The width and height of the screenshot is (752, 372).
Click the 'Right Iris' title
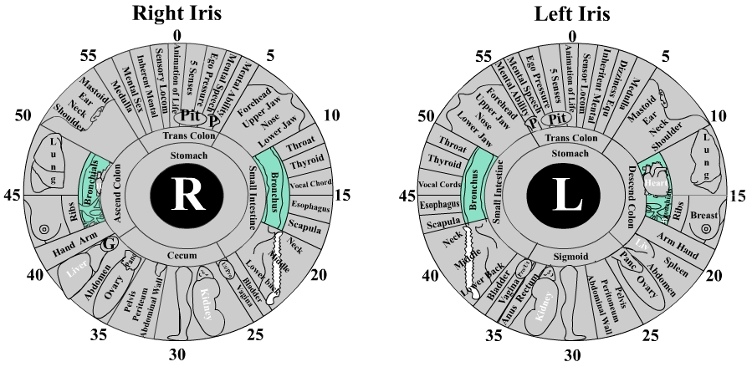pos(177,13)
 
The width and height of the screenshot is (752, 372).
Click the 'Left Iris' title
pos(572,13)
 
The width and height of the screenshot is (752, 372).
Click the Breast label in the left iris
pos(703,216)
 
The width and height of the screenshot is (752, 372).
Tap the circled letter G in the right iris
pos(108,244)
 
